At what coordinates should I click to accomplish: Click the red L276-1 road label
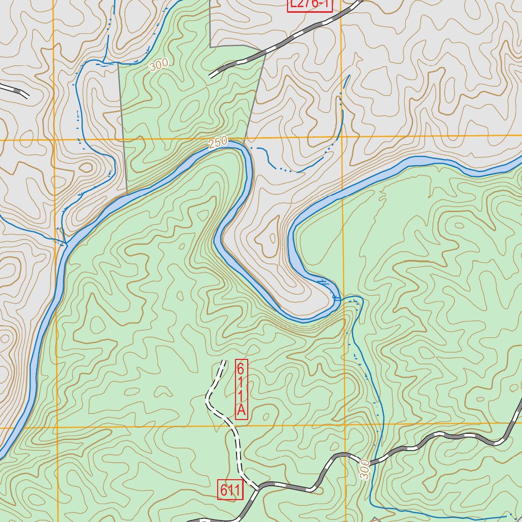[309, 5]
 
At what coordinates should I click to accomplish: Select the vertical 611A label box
[242, 389]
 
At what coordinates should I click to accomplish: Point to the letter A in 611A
[242, 410]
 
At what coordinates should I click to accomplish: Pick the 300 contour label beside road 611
[364, 469]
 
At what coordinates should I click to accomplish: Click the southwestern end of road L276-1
[211, 76]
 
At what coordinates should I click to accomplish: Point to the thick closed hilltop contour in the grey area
[86, 167]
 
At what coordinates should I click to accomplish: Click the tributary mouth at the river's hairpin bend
[336, 297]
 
